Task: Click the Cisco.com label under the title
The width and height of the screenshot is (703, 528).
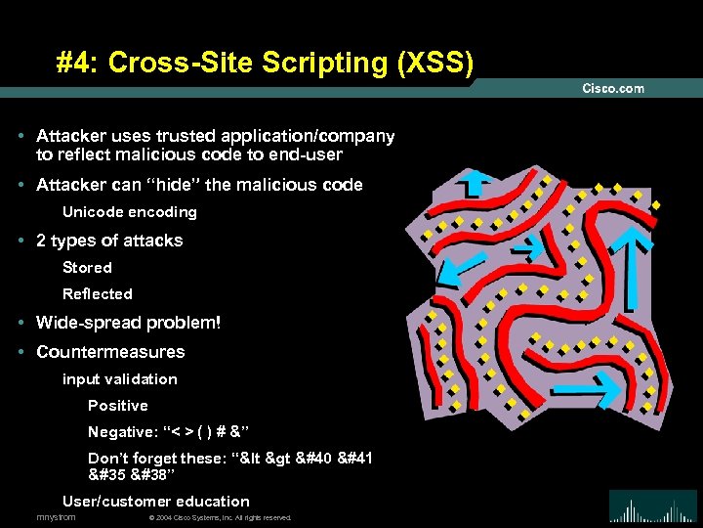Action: (x=613, y=88)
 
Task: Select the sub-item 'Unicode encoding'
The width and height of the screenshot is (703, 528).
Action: (x=129, y=212)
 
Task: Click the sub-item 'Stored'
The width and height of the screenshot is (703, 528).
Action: (x=87, y=267)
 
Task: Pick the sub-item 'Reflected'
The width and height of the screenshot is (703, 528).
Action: (x=97, y=293)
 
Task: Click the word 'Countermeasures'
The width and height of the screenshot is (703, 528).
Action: (x=110, y=351)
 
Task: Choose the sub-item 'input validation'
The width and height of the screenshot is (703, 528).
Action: (x=120, y=378)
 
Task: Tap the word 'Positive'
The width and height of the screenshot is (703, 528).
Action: (x=118, y=405)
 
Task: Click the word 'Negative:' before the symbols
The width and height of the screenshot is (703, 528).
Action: (x=121, y=432)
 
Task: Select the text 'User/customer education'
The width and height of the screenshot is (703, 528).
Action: (x=156, y=501)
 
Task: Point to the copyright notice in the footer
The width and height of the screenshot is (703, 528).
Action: (x=220, y=517)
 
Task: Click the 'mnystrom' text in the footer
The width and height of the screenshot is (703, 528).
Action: (x=56, y=517)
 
